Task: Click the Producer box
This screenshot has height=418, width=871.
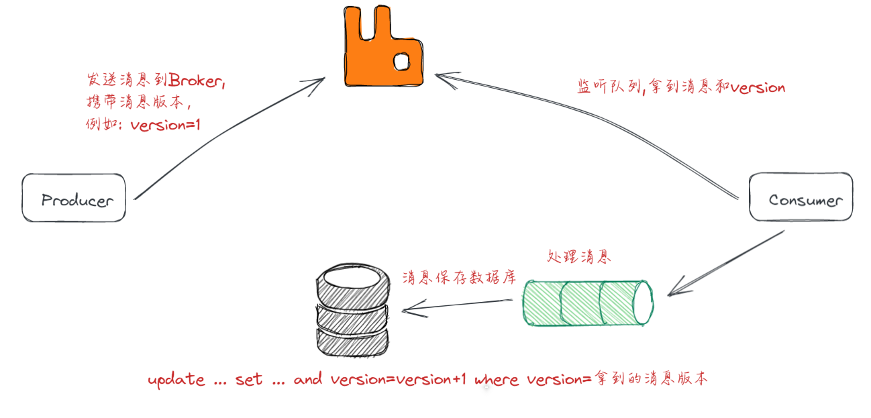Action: pos(74,199)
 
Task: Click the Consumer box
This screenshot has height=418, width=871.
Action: pos(801,199)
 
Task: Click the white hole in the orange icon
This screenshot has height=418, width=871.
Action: pos(401,62)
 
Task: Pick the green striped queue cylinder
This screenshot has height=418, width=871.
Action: pos(587,303)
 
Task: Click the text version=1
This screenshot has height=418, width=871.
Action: pos(165,125)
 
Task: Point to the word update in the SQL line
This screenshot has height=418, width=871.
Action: pos(176,380)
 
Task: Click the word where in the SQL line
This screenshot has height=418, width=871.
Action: pos(497,380)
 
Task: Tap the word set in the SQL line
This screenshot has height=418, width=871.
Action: pos(250,380)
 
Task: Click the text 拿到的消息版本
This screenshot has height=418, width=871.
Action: pos(650,379)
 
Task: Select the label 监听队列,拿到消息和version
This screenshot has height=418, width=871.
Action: pos(681,87)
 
